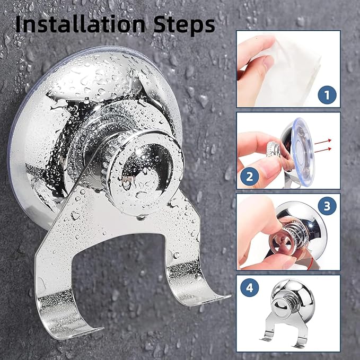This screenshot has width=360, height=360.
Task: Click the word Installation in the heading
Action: pyautogui.click(x=81, y=24)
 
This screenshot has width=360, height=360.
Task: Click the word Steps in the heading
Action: pyautogui.click(x=184, y=25)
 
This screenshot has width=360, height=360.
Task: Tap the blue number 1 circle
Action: pyautogui.click(x=327, y=95)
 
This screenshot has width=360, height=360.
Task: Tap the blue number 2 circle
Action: pyautogui.click(x=250, y=177)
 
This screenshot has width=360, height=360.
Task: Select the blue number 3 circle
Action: pyautogui.click(x=327, y=206)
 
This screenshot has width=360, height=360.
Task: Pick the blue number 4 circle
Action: pyautogui.click(x=250, y=287)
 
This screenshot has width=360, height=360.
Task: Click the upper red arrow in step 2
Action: pyautogui.click(x=323, y=142)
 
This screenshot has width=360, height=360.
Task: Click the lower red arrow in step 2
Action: pyautogui.click(x=323, y=150)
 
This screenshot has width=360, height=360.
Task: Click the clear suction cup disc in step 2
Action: pyautogui.click(x=303, y=152)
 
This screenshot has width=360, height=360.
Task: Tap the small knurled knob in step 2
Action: pyautogui.click(x=273, y=149)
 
